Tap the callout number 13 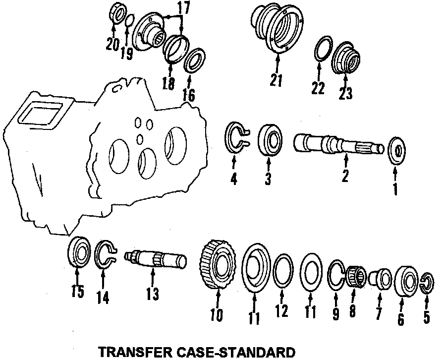153,295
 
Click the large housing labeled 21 277,29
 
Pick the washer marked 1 397,150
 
